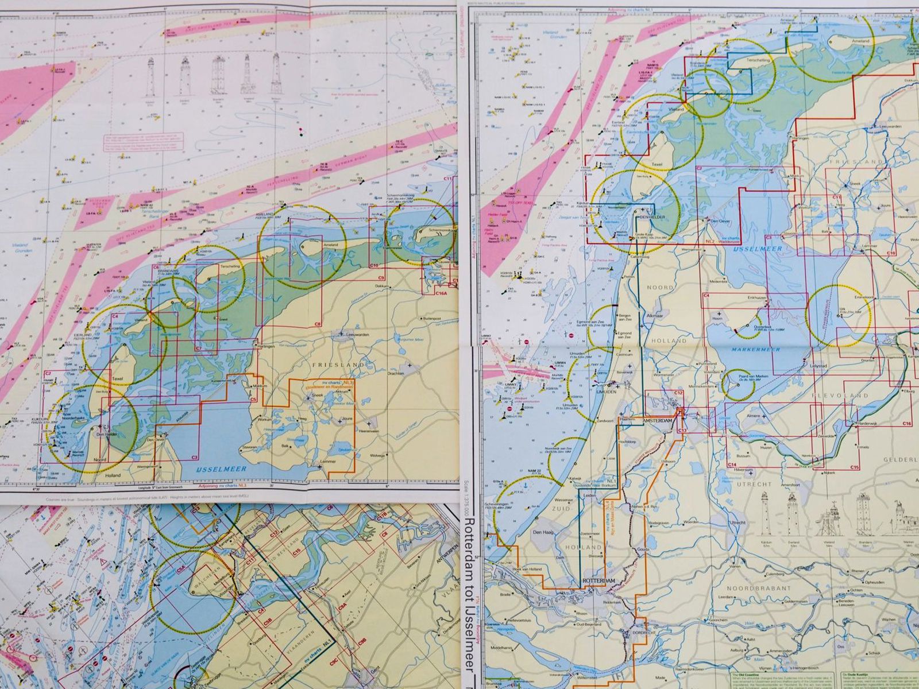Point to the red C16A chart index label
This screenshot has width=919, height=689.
441,293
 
